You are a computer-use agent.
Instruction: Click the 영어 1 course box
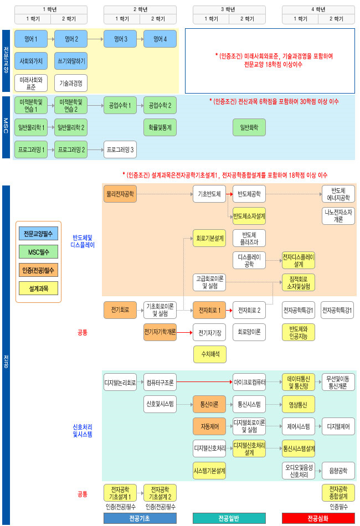pyautogui.click(x=31, y=39)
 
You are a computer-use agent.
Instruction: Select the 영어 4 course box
pyautogui.click(x=160, y=39)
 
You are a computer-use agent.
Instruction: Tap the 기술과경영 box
pyautogui.click(x=70, y=83)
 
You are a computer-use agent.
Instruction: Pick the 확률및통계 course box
pyautogui.click(x=160, y=127)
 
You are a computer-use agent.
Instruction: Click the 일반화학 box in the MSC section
pyautogui.click(x=249, y=127)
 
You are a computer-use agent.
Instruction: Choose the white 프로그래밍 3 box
pyautogui.click(x=120, y=149)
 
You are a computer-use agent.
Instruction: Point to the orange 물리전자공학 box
pyautogui.click(x=120, y=194)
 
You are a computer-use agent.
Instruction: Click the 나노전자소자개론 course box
pyautogui.click(x=338, y=215)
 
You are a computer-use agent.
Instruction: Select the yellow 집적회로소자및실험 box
pyautogui.click(x=298, y=282)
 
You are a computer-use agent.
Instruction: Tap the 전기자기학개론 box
pyautogui.click(x=160, y=332)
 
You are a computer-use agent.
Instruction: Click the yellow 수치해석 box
pyautogui.click(x=209, y=353)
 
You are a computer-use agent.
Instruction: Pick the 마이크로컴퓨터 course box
pyautogui.click(x=249, y=382)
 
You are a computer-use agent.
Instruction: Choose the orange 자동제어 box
pyautogui.click(x=209, y=426)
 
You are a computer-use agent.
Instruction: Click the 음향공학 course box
pyautogui.click(x=338, y=471)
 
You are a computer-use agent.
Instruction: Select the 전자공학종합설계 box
pyautogui.click(x=338, y=492)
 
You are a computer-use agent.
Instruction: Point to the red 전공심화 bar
pyautogui.click(x=318, y=518)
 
